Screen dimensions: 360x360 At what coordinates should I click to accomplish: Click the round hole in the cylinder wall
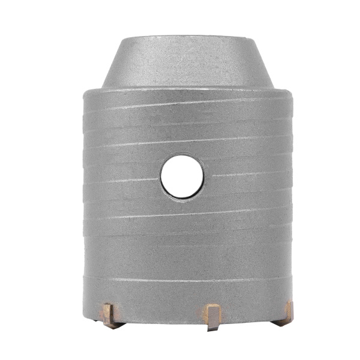[x=182, y=178]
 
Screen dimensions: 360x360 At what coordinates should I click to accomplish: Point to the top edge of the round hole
[x=182, y=157]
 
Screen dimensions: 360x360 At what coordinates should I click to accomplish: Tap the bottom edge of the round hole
[x=182, y=199]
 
